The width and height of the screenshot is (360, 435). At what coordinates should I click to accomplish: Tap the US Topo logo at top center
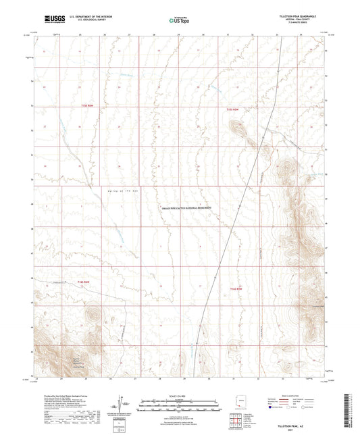coord(179,20)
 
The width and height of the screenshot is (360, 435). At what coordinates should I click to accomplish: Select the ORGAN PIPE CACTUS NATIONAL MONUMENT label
coord(186,208)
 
